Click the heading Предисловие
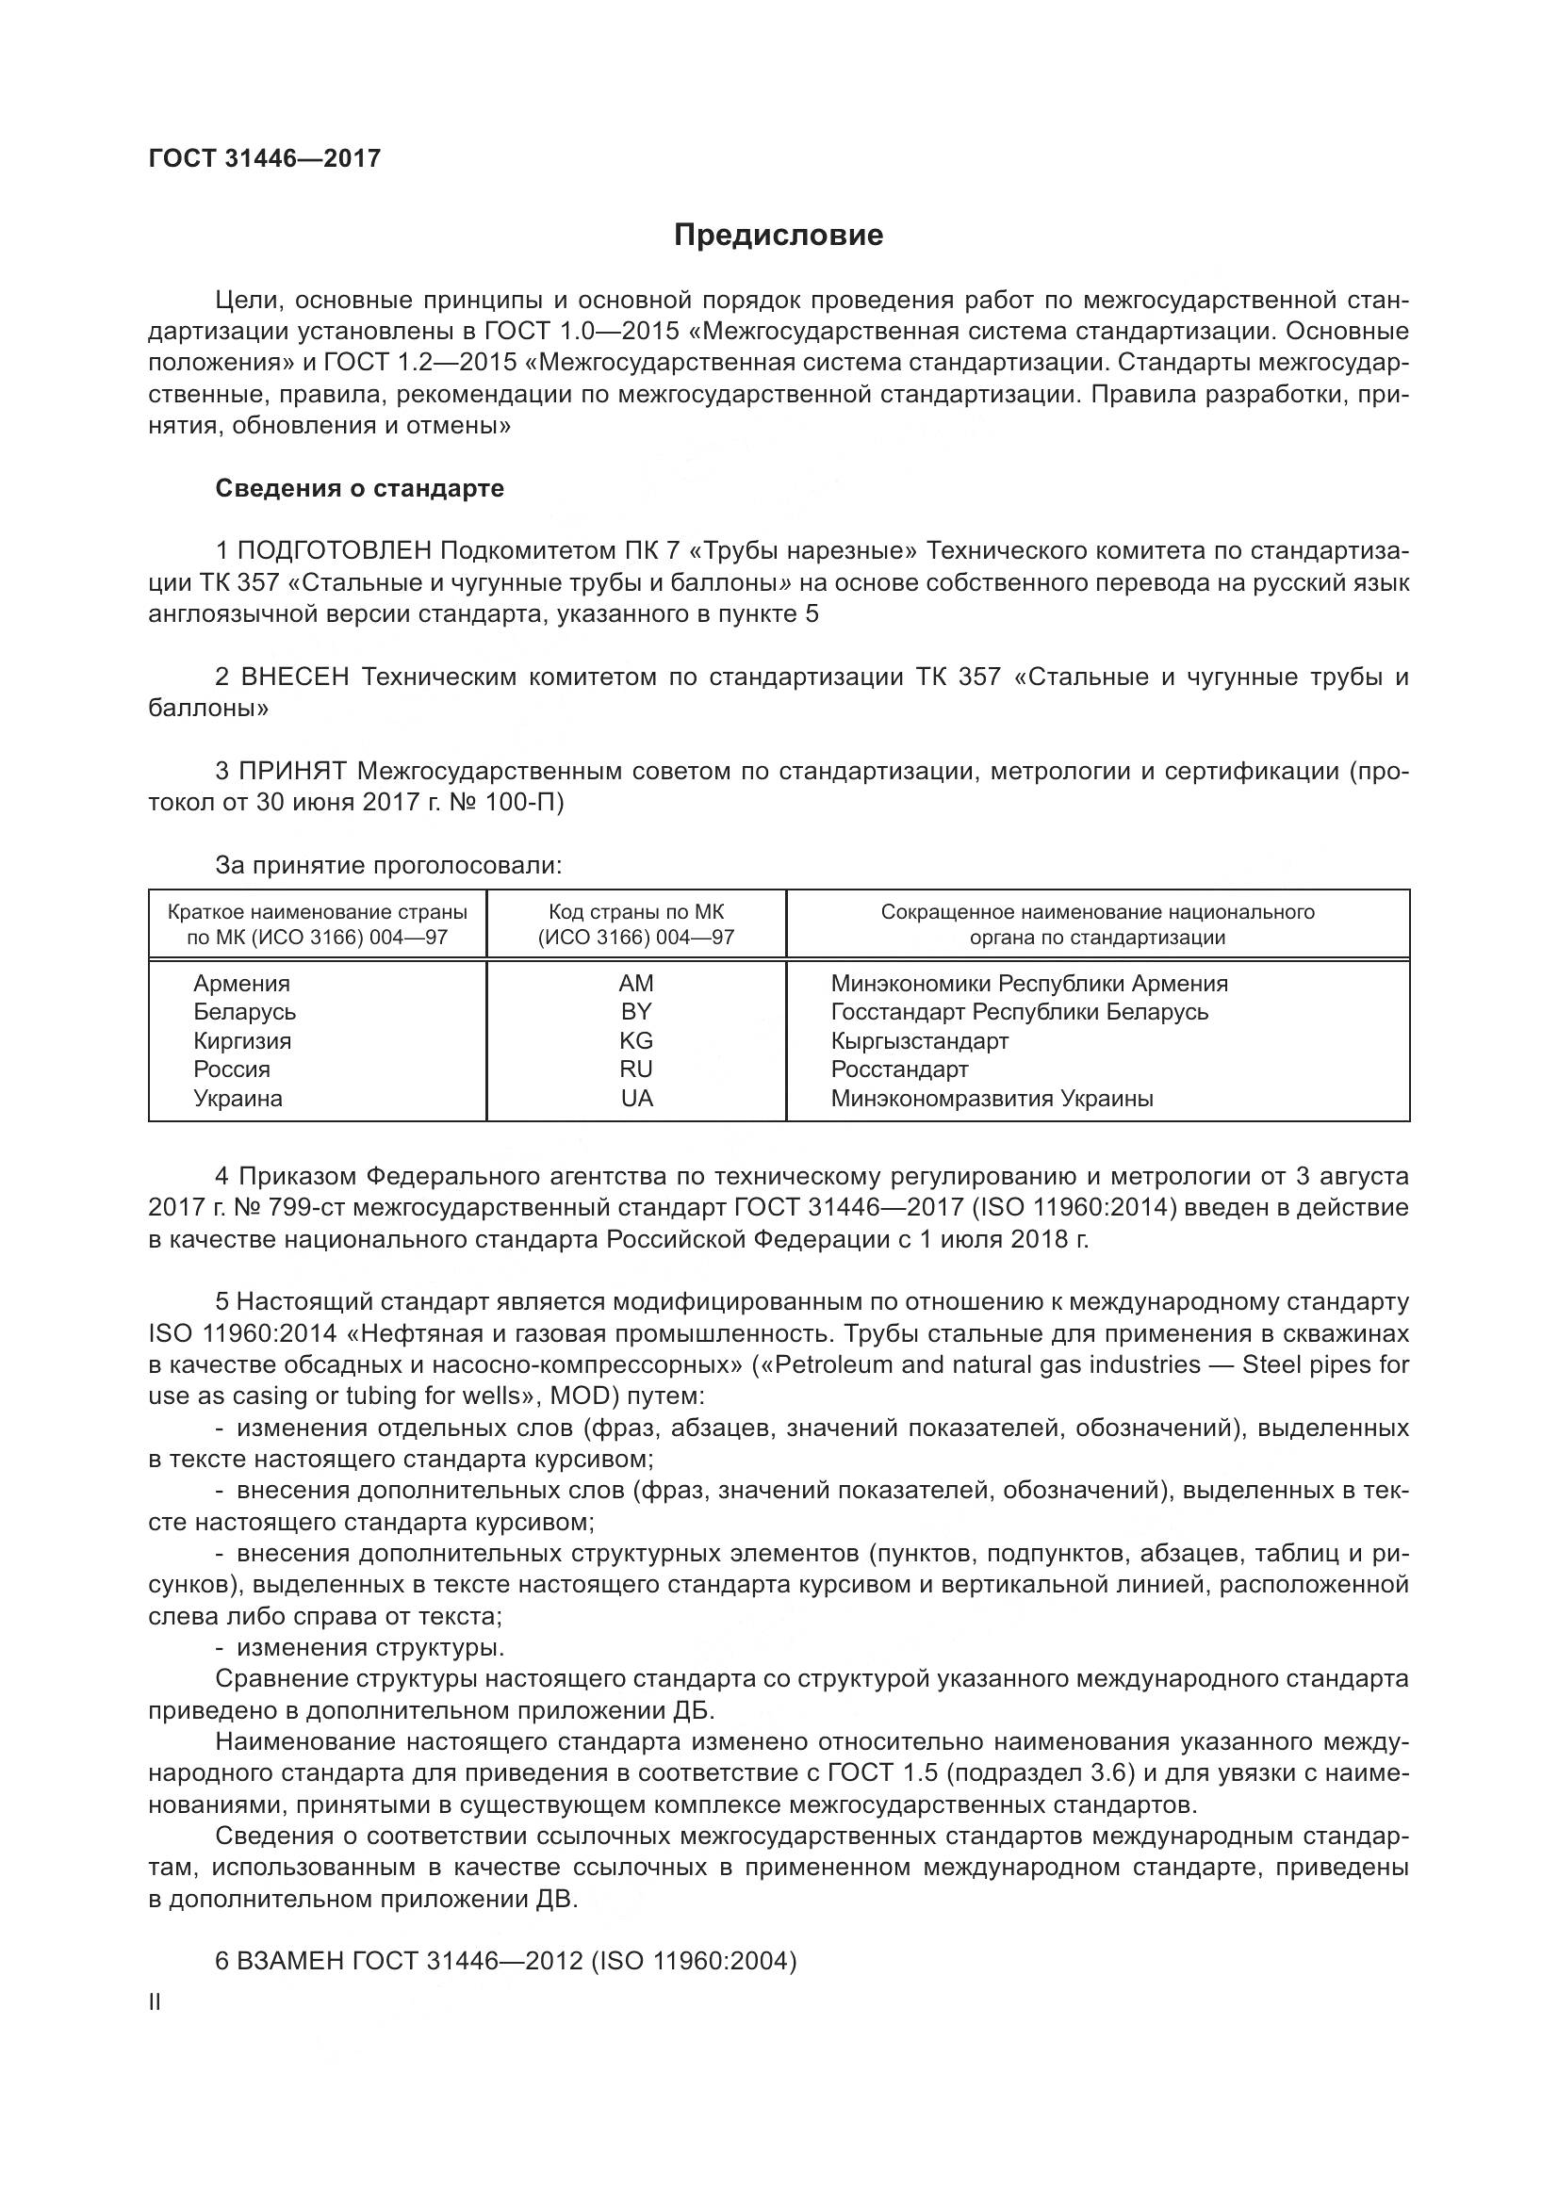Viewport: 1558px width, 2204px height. (778, 236)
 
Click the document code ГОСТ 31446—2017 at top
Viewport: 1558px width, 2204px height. (265, 158)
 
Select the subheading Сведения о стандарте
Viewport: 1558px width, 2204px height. (359, 489)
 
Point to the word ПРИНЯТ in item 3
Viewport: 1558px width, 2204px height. (293, 772)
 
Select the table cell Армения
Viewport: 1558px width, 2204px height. (241, 984)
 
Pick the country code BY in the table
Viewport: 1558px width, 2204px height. (635, 1012)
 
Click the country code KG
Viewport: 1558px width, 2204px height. (635, 1040)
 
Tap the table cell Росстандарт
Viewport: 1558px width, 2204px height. (898, 1069)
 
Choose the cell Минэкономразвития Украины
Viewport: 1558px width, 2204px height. (992, 1099)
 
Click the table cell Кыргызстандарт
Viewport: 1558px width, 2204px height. (919, 1040)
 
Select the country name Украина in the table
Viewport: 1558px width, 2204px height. (238, 1099)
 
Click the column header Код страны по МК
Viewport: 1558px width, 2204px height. (635, 912)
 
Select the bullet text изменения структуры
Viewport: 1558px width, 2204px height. (369, 1648)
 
